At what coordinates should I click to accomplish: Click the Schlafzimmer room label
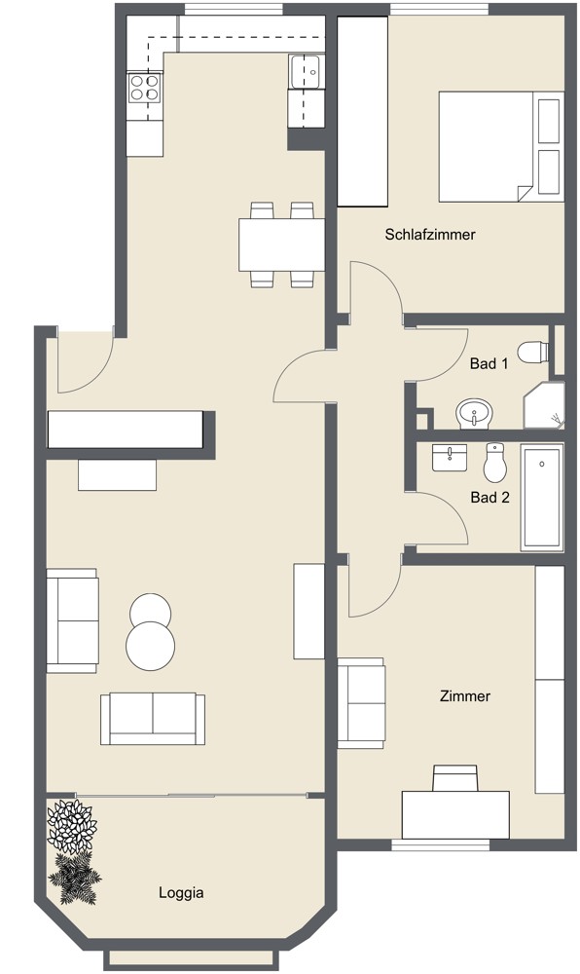pyautogui.click(x=429, y=235)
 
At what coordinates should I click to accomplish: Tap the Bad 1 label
pyautogui.click(x=489, y=364)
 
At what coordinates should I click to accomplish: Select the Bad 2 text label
pyautogui.click(x=489, y=497)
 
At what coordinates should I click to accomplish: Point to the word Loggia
pyautogui.click(x=181, y=891)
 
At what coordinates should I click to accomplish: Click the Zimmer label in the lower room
pyautogui.click(x=464, y=696)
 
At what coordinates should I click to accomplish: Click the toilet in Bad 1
pyautogui.click(x=534, y=351)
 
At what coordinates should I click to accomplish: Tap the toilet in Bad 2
pyautogui.click(x=495, y=464)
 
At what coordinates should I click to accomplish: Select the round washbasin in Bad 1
pyautogui.click(x=475, y=414)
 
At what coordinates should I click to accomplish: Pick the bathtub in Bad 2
pyautogui.click(x=541, y=498)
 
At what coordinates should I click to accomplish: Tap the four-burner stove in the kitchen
pyautogui.click(x=146, y=89)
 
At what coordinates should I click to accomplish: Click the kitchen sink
pyautogui.click(x=308, y=71)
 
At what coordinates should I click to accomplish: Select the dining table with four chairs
pyautogui.click(x=282, y=244)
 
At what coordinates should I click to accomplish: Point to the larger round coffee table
pyautogui.click(x=151, y=644)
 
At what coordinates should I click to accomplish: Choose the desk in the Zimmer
pyautogui.click(x=455, y=812)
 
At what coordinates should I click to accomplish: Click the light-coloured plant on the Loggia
pyautogui.click(x=72, y=826)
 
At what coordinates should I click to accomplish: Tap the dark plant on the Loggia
pyautogui.click(x=76, y=880)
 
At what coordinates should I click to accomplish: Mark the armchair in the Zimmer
pyautogui.click(x=362, y=702)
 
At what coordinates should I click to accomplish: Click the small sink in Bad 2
pyautogui.click(x=451, y=457)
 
